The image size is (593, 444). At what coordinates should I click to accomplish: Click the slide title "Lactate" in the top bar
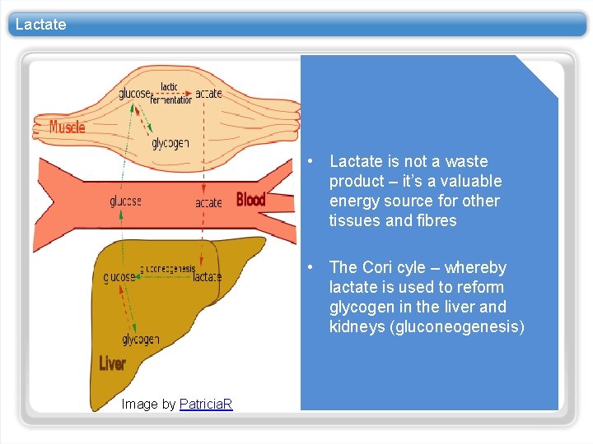40,25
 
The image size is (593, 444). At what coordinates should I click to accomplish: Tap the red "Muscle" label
67,127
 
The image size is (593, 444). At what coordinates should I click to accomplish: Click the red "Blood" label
250,199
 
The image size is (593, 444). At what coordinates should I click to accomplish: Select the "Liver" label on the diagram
112,363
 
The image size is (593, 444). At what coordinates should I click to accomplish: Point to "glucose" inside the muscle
135,94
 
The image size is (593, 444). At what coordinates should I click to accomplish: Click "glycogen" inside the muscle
170,143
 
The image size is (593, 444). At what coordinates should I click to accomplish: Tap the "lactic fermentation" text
170,94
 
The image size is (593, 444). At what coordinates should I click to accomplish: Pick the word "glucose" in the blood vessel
125,201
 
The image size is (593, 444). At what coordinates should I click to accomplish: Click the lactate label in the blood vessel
208,202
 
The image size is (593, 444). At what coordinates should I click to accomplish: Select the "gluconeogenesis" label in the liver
167,268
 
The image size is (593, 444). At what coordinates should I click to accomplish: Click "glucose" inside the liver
119,277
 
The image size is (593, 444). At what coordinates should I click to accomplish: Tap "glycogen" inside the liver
141,339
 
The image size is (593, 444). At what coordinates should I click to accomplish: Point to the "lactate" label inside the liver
207,277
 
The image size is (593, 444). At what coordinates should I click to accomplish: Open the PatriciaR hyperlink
206,404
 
